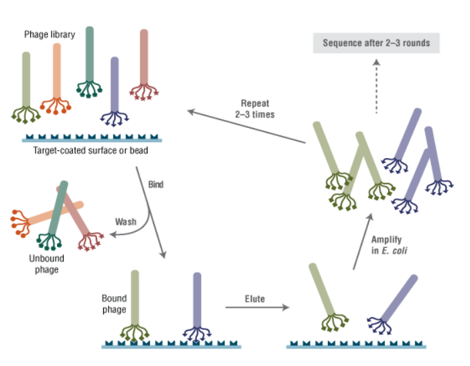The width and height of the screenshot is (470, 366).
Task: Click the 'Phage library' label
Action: pyautogui.click(x=50, y=34)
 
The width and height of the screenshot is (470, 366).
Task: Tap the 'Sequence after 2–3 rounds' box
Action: pyautogui.click(x=376, y=44)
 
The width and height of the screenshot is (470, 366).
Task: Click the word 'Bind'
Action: pyautogui.click(x=156, y=184)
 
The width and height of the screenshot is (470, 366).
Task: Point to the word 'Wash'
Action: pyautogui.click(x=125, y=221)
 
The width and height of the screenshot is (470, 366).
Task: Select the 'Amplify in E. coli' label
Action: pyautogui.click(x=390, y=245)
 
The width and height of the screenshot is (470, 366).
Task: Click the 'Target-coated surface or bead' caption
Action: pyautogui.click(x=91, y=151)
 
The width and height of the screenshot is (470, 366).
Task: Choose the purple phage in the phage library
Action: pyautogui.click(x=115, y=87)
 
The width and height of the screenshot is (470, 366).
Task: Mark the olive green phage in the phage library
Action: pyautogui.click(x=27, y=84)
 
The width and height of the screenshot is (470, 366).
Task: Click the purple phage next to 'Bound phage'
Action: pyautogui.click(x=196, y=302)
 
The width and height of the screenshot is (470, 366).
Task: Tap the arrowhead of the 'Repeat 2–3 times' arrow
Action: pyautogui.click(x=190, y=111)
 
